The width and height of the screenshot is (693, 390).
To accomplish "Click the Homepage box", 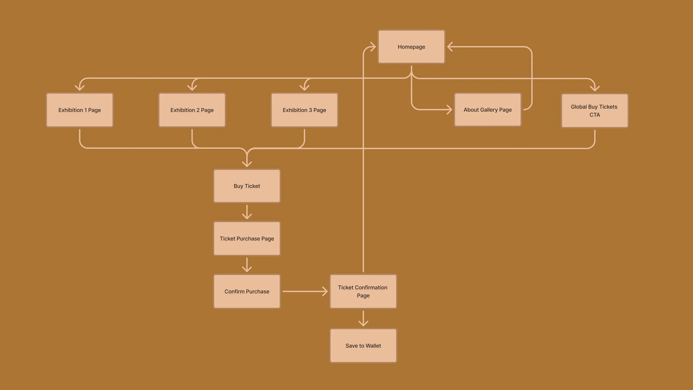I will [x=411, y=47].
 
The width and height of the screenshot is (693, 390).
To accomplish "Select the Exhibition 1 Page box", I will [x=80, y=110].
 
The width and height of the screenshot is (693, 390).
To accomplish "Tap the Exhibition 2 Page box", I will [x=192, y=110].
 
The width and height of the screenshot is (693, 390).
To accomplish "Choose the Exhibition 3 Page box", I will [x=304, y=110].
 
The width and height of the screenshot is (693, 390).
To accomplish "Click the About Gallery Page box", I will [x=488, y=110].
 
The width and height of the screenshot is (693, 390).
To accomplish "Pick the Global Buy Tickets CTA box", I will [x=594, y=111].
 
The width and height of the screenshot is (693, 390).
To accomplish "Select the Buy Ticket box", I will [x=247, y=186].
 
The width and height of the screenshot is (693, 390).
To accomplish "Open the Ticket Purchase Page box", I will [x=247, y=239].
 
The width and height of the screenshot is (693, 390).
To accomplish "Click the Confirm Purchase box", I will [x=247, y=292].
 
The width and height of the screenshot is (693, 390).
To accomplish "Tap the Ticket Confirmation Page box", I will [x=363, y=292].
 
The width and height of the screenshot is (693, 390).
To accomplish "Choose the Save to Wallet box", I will [x=363, y=346].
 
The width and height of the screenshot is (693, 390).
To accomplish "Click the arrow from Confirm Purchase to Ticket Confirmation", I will [x=305, y=292].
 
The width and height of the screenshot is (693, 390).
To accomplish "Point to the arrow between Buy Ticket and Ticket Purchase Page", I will [x=247, y=212].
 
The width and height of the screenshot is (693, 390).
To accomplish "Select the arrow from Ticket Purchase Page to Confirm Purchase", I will [x=247, y=265].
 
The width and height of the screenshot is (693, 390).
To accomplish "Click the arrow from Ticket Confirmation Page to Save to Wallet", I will [x=363, y=318].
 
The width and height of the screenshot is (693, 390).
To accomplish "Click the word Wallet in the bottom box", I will [x=373, y=346].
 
